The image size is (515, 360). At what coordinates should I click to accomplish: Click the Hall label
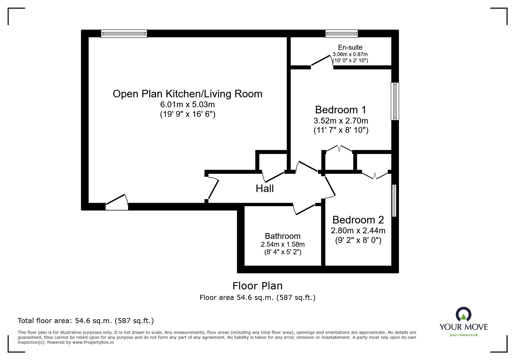tap(264, 189)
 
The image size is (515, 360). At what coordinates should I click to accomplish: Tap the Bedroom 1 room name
tap(341, 110)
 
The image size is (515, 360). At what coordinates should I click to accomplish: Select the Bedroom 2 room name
tap(358, 220)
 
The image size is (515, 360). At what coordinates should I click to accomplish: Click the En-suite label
tap(350, 47)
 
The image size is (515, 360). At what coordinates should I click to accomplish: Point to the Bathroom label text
tap(282, 236)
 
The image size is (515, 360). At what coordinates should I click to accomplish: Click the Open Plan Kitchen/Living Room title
tap(187, 94)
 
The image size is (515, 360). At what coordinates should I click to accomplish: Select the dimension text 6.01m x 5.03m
tap(187, 104)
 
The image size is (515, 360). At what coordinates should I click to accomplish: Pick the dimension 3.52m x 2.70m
tap(341, 120)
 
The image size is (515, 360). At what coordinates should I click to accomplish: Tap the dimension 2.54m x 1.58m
tap(283, 244)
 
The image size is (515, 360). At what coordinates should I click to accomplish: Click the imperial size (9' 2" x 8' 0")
tap(358, 240)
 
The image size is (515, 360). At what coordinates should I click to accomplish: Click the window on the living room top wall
tap(124, 34)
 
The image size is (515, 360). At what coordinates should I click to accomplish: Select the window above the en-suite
tap(341, 34)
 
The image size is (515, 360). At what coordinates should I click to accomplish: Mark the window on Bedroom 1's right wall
tap(395, 101)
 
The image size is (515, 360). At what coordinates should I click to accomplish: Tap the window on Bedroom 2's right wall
tap(394, 200)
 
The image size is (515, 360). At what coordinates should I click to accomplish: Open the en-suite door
tap(322, 62)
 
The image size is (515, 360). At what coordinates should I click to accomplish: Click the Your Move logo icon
tap(463, 314)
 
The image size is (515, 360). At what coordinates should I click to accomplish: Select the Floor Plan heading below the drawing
tap(257, 286)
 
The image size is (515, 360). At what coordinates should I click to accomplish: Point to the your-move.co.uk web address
tap(464, 335)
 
